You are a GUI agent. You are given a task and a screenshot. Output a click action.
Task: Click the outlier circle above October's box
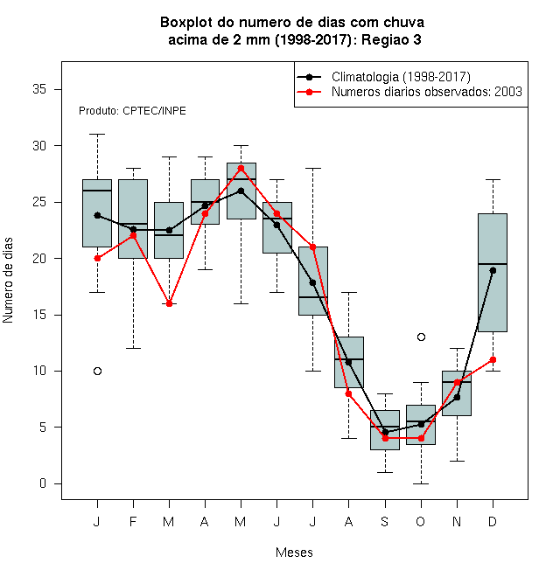pos(421,337)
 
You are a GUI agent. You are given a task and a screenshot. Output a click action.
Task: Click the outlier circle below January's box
pos(97,371)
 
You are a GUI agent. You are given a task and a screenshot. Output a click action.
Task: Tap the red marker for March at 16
pos(169,303)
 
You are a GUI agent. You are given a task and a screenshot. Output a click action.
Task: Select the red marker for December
pos(493,359)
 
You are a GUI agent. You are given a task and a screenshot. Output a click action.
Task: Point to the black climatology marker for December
pos(493,270)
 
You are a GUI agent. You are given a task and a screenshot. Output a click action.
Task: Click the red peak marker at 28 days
pos(241,168)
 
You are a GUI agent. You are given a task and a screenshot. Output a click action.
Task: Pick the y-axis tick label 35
pos(39,89)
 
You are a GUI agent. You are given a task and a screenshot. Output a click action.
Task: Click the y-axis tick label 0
pos(43,483)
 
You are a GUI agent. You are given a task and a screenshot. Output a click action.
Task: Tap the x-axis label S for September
pos(385,521)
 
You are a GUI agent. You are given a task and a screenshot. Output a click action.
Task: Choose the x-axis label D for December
pos(493,521)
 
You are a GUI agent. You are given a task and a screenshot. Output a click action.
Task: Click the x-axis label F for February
pos(133,521)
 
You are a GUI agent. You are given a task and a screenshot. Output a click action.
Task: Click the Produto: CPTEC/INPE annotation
pos(132,111)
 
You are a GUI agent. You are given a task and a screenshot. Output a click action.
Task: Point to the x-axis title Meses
pos(294,553)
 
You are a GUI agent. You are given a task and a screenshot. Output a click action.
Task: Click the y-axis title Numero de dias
pos(8,281)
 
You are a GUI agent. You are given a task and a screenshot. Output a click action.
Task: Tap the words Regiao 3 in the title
pos(391,39)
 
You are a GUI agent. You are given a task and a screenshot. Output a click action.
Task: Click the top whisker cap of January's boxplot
pos(97,135)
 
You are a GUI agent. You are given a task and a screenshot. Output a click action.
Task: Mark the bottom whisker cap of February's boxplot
pos(133,348)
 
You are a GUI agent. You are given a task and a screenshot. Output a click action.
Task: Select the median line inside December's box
pos(493,264)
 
